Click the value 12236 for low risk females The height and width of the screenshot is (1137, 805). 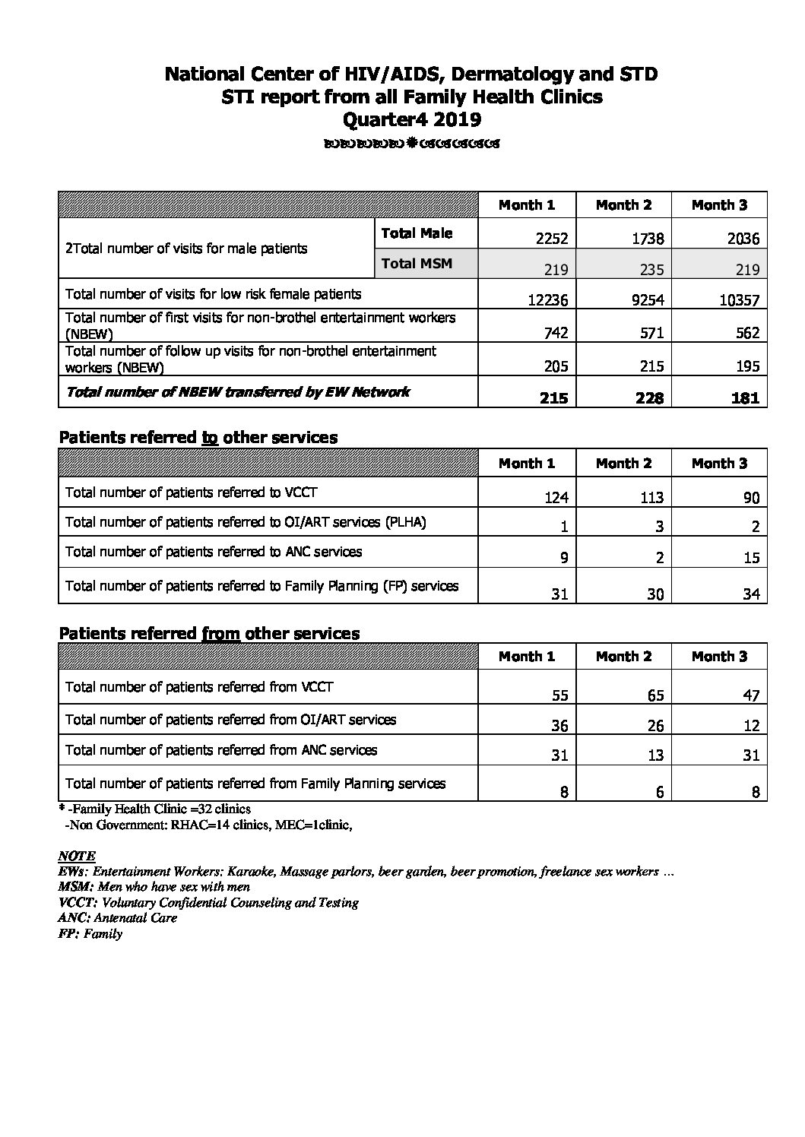pyautogui.click(x=547, y=300)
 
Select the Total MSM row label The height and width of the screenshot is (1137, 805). pyautogui.click(x=417, y=264)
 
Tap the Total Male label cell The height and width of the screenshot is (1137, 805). pyautogui.click(x=417, y=233)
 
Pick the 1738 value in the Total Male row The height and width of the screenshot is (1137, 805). pyautogui.click(x=647, y=239)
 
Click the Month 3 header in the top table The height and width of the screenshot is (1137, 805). pyautogui.click(x=719, y=205)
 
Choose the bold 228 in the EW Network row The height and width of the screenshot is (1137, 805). pyautogui.click(x=648, y=397)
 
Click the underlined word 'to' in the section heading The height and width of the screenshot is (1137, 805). pyautogui.click(x=210, y=438)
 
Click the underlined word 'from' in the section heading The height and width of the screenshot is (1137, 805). pyautogui.click(x=221, y=633)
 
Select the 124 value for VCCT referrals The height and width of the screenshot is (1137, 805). pyautogui.click(x=555, y=499)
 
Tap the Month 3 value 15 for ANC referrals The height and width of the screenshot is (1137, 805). pyautogui.click(x=751, y=558)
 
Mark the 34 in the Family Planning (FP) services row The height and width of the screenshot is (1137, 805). pyautogui.click(x=751, y=594)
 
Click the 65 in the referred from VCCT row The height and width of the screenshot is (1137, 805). pyautogui.click(x=654, y=695)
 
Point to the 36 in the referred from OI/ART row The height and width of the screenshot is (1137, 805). pyautogui.click(x=559, y=726)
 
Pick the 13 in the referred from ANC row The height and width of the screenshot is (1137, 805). pyautogui.click(x=655, y=755)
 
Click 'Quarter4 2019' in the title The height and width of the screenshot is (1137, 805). pyautogui.click(x=412, y=119)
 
